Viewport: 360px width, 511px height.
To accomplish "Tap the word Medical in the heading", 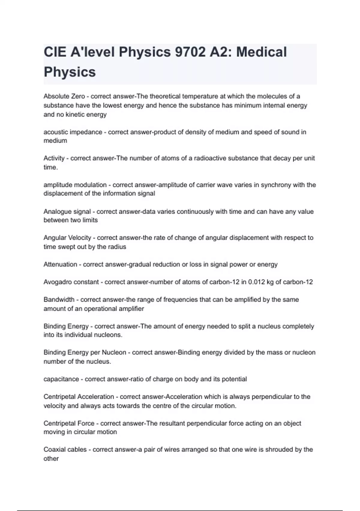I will pyautogui.click(x=261, y=52).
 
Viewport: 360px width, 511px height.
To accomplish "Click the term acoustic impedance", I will pyautogui.click(x=73, y=132).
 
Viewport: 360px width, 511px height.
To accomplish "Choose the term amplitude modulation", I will pyautogui.click(x=75, y=185).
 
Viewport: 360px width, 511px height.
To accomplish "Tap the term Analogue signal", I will pyautogui.click(x=67, y=212).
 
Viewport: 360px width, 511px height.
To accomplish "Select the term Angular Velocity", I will pyautogui.click(x=67, y=238).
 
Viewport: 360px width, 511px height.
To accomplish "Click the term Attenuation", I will pyautogui.click(x=60, y=265).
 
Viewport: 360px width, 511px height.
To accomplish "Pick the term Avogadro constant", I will pyautogui.click(x=71, y=282).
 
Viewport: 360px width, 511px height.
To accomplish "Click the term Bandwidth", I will pyautogui.click(x=59, y=300).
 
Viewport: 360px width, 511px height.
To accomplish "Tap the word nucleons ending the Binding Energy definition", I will pyautogui.click(x=108, y=335).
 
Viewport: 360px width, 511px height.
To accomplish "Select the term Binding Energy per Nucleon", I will pyautogui.click(x=85, y=353).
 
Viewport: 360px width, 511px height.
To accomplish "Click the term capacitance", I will pyautogui.click(x=61, y=379).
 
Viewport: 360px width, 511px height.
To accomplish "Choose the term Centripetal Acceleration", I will pyautogui.click(x=79, y=397).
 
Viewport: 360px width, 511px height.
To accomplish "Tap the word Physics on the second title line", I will pyautogui.click(x=70, y=72).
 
